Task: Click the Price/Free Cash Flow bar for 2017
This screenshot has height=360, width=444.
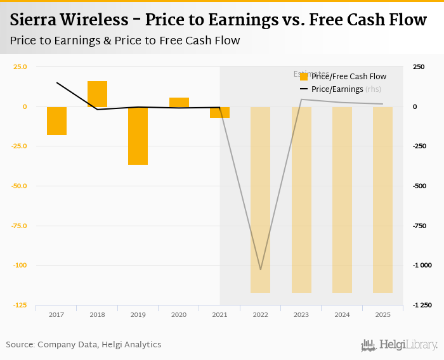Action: (56, 120)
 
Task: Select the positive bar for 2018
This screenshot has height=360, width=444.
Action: (97, 94)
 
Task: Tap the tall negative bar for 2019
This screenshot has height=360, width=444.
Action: (138, 136)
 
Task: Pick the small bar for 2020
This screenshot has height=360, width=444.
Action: (179, 102)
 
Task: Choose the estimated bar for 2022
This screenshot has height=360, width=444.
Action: (260, 200)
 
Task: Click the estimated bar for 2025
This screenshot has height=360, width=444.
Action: (382, 200)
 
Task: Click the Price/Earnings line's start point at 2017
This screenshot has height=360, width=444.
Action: (57, 82)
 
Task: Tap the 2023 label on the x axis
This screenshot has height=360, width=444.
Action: (301, 314)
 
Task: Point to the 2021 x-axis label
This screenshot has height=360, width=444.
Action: (219, 314)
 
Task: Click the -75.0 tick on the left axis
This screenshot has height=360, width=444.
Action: (20, 226)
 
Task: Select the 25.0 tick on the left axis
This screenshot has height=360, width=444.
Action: (20, 67)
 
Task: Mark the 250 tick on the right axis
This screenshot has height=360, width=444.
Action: (419, 67)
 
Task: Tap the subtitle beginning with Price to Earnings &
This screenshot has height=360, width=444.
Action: (124, 41)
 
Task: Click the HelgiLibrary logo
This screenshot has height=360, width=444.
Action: (400, 345)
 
